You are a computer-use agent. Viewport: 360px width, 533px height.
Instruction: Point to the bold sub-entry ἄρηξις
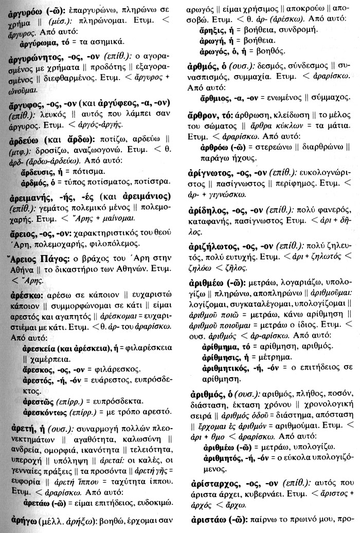click(x=212, y=30)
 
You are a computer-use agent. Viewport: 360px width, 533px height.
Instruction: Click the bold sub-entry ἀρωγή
click(x=211, y=41)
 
